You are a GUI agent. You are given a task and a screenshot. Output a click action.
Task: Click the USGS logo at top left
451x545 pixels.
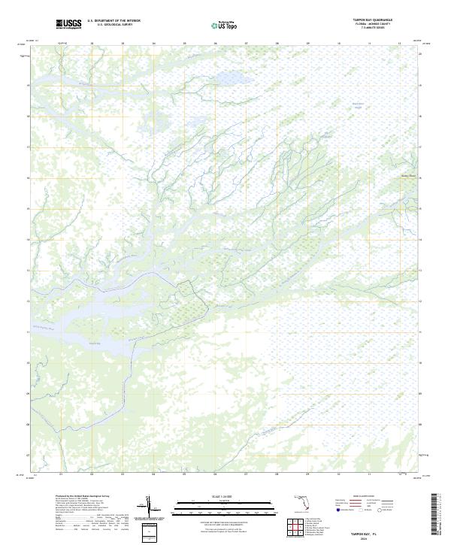[x=68, y=25]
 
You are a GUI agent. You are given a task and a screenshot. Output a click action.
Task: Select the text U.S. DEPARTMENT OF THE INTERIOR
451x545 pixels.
[x=114, y=21]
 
